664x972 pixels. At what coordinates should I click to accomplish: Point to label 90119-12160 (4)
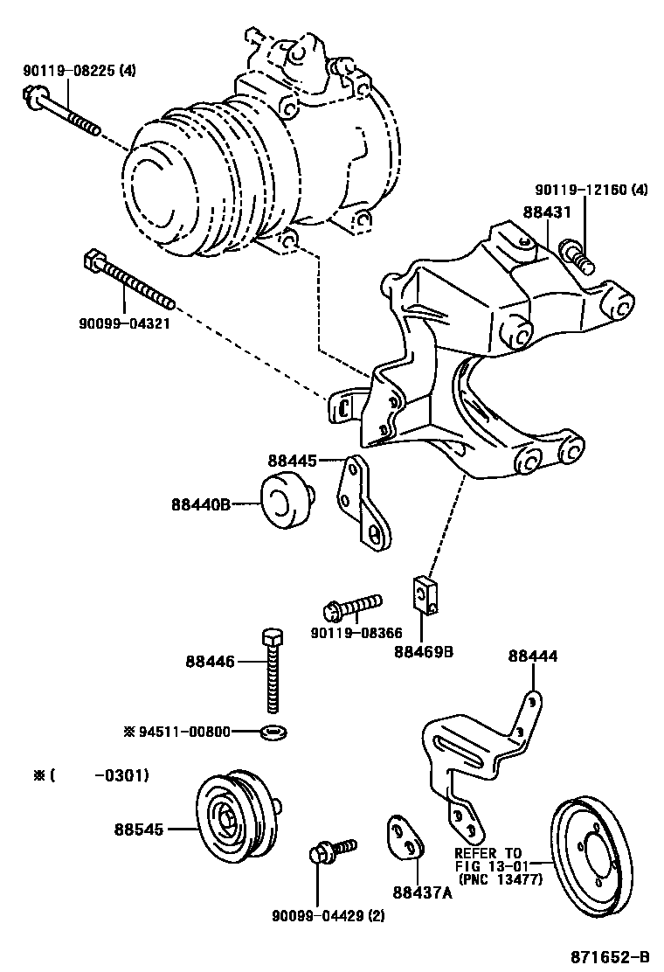click(591, 190)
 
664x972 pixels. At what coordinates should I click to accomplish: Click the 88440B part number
click(200, 504)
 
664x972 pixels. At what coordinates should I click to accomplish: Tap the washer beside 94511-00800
click(275, 729)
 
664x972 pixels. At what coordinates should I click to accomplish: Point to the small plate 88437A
click(404, 837)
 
